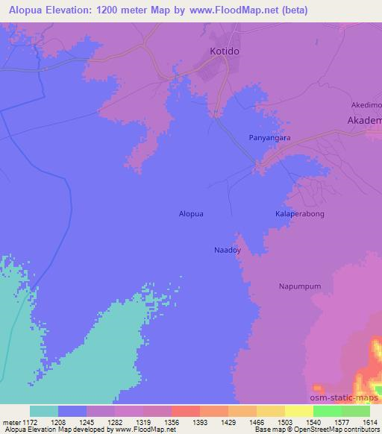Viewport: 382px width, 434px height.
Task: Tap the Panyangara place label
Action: [269, 138]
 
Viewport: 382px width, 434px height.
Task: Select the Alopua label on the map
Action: [191, 213]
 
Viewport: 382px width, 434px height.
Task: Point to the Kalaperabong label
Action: [300, 213]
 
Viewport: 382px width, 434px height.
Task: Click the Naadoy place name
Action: [228, 251]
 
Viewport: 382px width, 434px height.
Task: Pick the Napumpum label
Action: [300, 286]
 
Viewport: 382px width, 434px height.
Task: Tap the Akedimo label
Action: [366, 105]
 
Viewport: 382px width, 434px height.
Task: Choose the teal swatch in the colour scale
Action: [44, 411]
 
